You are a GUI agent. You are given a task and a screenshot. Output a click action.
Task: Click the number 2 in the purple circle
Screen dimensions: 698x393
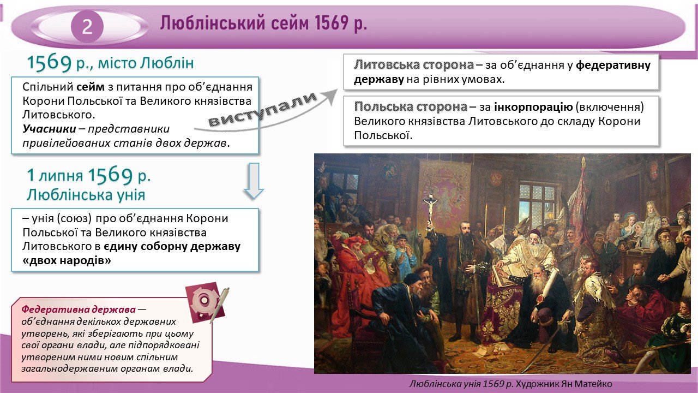pyautogui.click(x=87, y=27)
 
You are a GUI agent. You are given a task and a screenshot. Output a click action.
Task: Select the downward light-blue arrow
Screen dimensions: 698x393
pyautogui.click(x=254, y=181)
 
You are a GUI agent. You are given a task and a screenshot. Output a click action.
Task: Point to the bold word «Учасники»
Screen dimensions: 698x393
pyautogui.click(x=49, y=128)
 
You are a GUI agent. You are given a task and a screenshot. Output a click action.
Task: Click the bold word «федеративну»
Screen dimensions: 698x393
pyautogui.click(x=613, y=65)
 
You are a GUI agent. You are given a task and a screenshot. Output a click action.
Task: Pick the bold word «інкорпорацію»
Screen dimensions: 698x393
pyautogui.click(x=533, y=108)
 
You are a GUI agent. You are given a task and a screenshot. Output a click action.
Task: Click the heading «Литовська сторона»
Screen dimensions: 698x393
pyautogui.click(x=414, y=65)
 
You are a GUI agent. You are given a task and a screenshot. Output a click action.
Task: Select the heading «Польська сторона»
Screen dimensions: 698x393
pyautogui.click(x=411, y=107)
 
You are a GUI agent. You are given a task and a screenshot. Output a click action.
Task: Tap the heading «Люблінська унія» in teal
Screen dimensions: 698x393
pyautogui.click(x=86, y=195)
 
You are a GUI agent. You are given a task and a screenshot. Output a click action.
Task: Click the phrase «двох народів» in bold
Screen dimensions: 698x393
pyautogui.click(x=67, y=260)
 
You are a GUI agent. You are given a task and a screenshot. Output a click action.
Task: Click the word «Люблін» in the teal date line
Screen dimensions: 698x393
pyautogui.click(x=167, y=63)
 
